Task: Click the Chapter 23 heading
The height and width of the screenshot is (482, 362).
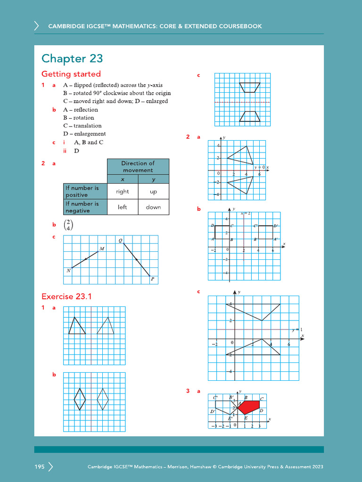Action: pos(72,58)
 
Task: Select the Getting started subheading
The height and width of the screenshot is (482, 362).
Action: pos(71,74)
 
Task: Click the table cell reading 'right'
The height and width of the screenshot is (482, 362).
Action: pos(123,192)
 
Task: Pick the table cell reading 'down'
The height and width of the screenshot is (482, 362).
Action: pos(153,207)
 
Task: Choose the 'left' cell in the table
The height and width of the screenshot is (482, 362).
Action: pos(123,207)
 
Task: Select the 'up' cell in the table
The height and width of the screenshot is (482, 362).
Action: pos(153,192)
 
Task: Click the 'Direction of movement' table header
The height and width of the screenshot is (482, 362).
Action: pos(138,167)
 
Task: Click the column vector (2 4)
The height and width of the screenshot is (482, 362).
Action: pos(69,225)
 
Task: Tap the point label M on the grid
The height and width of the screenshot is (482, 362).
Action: pos(102,249)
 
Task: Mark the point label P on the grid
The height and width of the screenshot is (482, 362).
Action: pos(152,280)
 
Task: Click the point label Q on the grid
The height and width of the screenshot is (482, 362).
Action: pos(120,241)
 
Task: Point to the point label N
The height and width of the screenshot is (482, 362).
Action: pos(69,271)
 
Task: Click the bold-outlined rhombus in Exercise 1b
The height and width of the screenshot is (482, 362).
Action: pos(80,399)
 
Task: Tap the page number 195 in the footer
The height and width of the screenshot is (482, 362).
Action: pos(39,467)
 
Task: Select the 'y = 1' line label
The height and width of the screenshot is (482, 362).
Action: pos(296,329)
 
